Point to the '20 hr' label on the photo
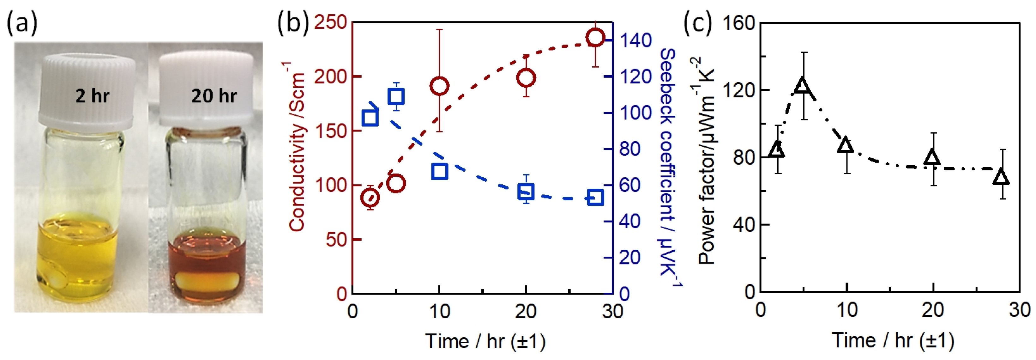point(214,96)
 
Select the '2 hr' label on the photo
point(93,96)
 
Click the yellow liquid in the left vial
point(78,249)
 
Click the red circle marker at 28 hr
point(595,37)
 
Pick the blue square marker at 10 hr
point(440,171)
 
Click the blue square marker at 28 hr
point(595,198)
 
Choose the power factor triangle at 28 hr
point(1001,177)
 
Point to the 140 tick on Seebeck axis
point(635,40)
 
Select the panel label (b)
point(293,22)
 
